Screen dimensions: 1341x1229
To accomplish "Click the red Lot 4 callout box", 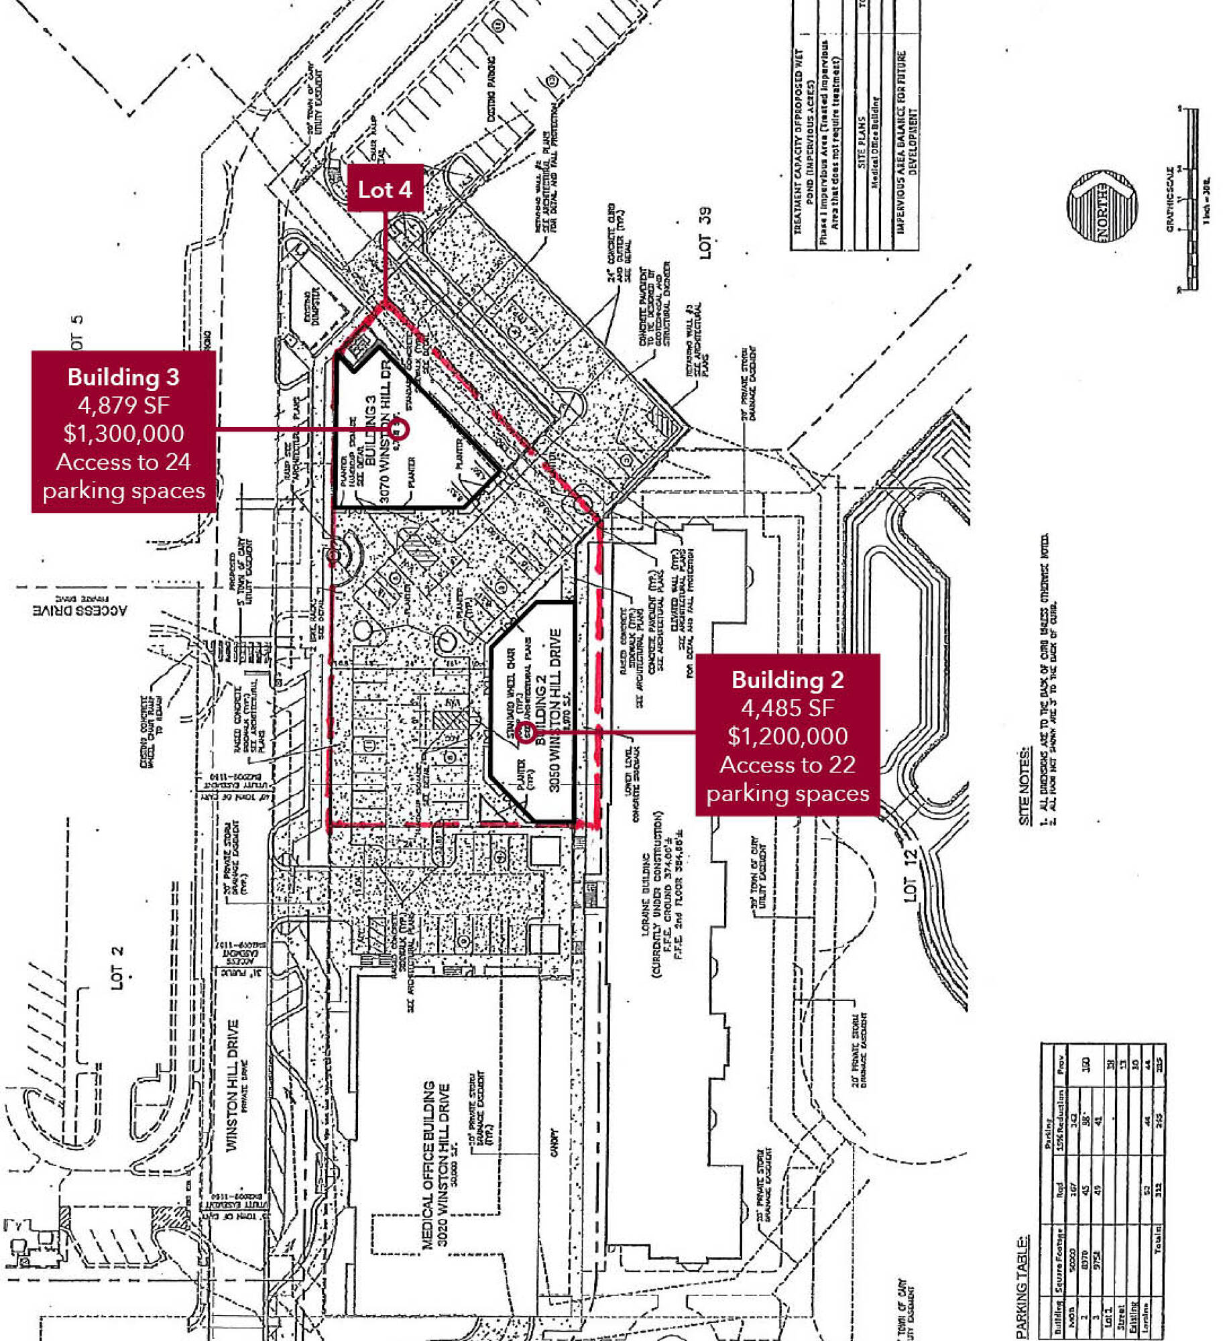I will coord(385,189).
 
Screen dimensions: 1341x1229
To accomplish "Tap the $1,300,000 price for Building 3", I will coord(124,433).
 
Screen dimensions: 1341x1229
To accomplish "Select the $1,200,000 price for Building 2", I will coord(787,736).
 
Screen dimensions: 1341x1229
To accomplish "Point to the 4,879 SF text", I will coord(124,405).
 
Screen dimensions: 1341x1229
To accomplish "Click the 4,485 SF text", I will coord(787,708).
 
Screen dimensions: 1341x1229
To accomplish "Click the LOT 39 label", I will coord(705,233).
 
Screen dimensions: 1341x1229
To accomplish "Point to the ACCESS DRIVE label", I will coord(79,610).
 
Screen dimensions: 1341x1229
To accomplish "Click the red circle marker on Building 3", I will coord(397,429).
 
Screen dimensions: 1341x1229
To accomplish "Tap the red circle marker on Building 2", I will coord(526,732).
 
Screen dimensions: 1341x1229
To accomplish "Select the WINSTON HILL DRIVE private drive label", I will coord(232,1086).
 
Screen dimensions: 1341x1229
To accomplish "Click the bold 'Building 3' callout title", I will coord(124,377).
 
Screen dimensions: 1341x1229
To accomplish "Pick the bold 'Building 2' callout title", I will coord(787,680).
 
